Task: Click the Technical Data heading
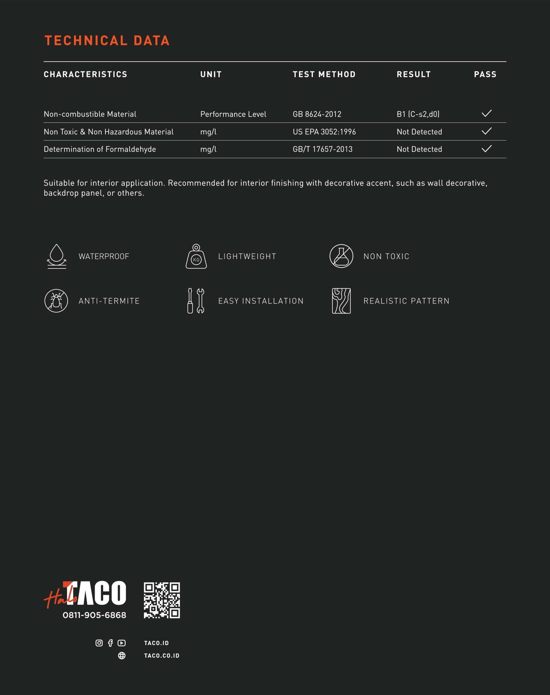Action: click(x=107, y=41)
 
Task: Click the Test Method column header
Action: click(x=324, y=74)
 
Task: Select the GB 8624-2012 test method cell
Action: click(x=317, y=114)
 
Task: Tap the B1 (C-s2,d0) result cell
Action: click(x=418, y=114)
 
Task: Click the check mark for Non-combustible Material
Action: click(x=486, y=113)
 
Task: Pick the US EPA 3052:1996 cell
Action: click(x=324, y=132)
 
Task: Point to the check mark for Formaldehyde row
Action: click(x=486, y=149)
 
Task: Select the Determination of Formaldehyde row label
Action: click(x=100, y=149)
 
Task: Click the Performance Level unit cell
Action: click(x=233, y=114)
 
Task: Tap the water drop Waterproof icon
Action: click(x=57, y=256)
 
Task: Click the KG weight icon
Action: click(x=196, y=257)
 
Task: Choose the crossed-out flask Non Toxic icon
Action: click(x=341, y=256)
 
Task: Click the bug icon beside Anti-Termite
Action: click(x=56, y=301)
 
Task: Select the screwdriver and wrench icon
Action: click(x=196, y=301)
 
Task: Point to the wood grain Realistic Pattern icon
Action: click(x=341, y=301)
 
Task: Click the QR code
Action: click(x=162, y=600)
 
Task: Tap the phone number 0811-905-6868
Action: click(x=94, y=615)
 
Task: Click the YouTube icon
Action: click(x=122, y=643)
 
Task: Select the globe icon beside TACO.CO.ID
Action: click(x=122, y=655)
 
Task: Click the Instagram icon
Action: click(x=99, y=643)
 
